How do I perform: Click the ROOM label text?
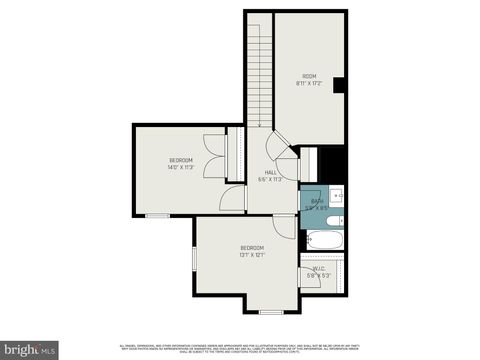click(x=309, y=76)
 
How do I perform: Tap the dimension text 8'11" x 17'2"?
click(x=309, y=84)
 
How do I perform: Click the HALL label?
click(x=270, y=172)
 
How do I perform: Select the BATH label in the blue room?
click(x=317, y=201)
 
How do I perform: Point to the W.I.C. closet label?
click(x=319, y=268)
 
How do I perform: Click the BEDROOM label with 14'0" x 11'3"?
click(x=181, y=160)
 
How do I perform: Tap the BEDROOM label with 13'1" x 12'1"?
click(x=252, y=247)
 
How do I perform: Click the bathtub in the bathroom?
click(x=323, y=241)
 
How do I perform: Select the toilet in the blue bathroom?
click(x=337, y=220)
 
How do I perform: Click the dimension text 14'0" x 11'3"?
click(x=181, y=168)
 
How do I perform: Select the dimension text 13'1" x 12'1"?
click(x=252, y=255)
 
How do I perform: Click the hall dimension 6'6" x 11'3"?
click(x=270, y=180)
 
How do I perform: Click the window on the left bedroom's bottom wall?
click(x=158, y=214)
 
